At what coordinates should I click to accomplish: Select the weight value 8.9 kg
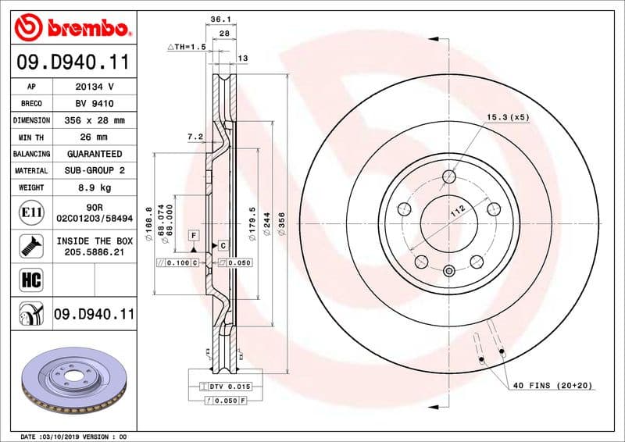[94, 187]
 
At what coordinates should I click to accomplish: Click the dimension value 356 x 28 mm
[94, 120]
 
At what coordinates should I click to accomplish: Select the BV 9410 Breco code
[94, 103]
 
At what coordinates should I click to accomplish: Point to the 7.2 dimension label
[195, 137]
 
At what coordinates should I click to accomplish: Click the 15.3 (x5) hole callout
[508, 117]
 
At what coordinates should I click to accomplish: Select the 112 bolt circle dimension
[458, 209]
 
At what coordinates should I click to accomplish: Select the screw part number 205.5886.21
[94, 252]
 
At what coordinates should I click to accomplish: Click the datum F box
[192, 235]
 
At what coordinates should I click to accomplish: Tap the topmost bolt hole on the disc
[448, 176]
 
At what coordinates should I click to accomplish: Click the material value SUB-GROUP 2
[94, 170]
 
